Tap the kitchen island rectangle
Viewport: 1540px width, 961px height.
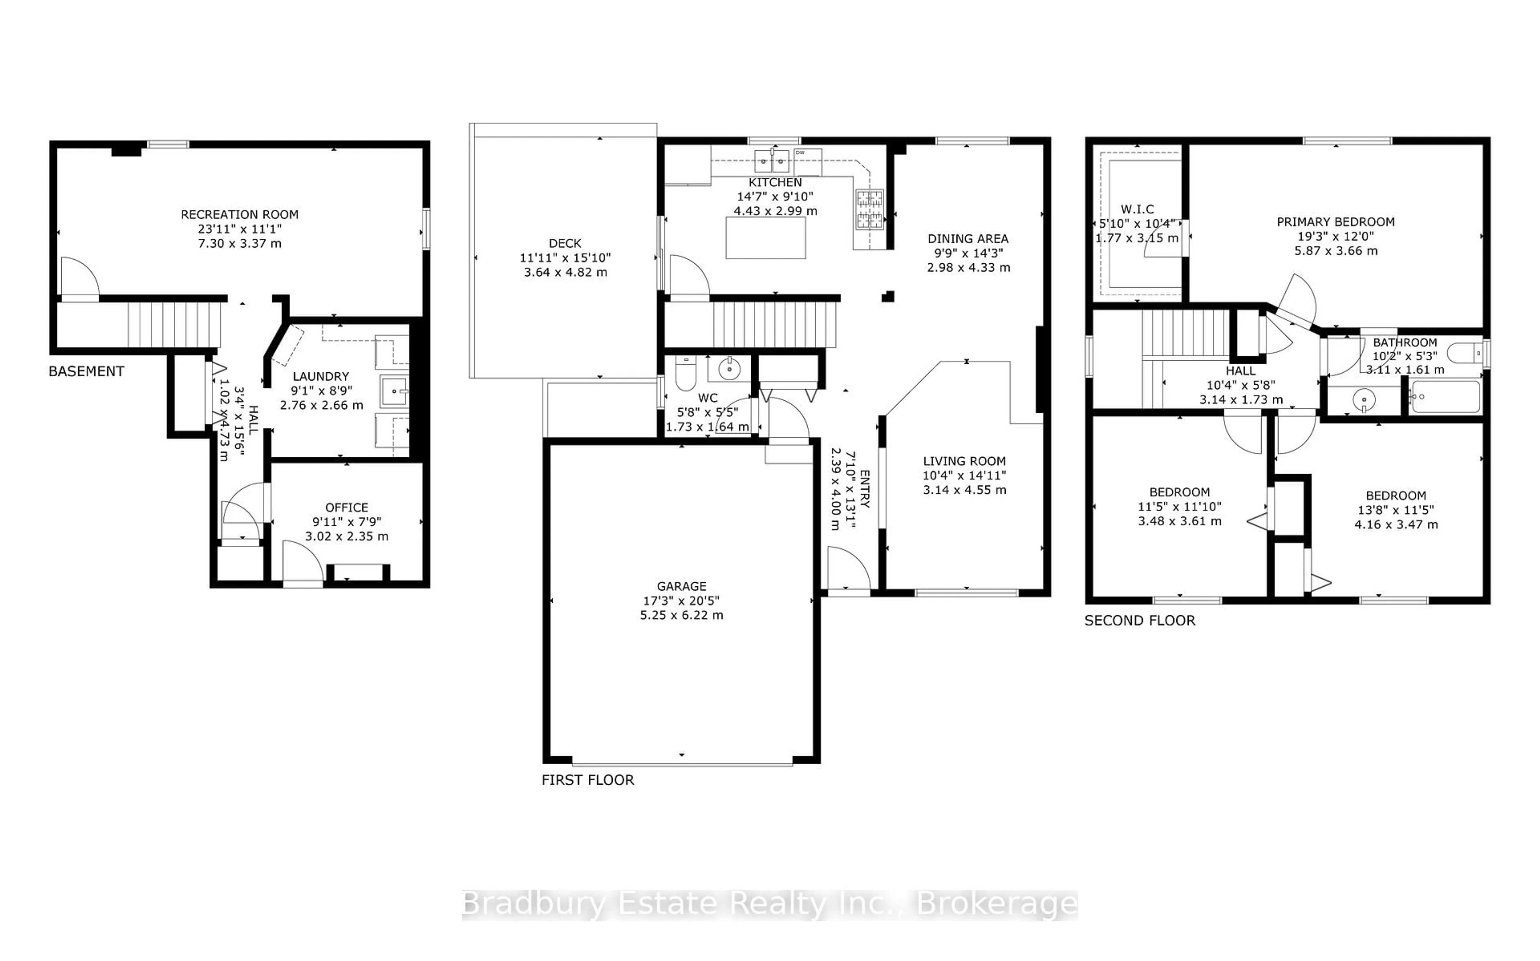[766, 238]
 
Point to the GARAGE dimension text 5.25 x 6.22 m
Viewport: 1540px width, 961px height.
[682, 615]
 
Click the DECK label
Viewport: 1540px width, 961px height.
[565, 243]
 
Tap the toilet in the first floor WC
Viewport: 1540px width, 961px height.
[685, 374]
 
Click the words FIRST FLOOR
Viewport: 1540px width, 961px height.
[588, 780]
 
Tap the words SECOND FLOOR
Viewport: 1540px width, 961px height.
[1139, 620]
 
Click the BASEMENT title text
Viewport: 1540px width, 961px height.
[87, 371]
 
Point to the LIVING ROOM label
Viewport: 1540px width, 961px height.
[964, 461]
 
